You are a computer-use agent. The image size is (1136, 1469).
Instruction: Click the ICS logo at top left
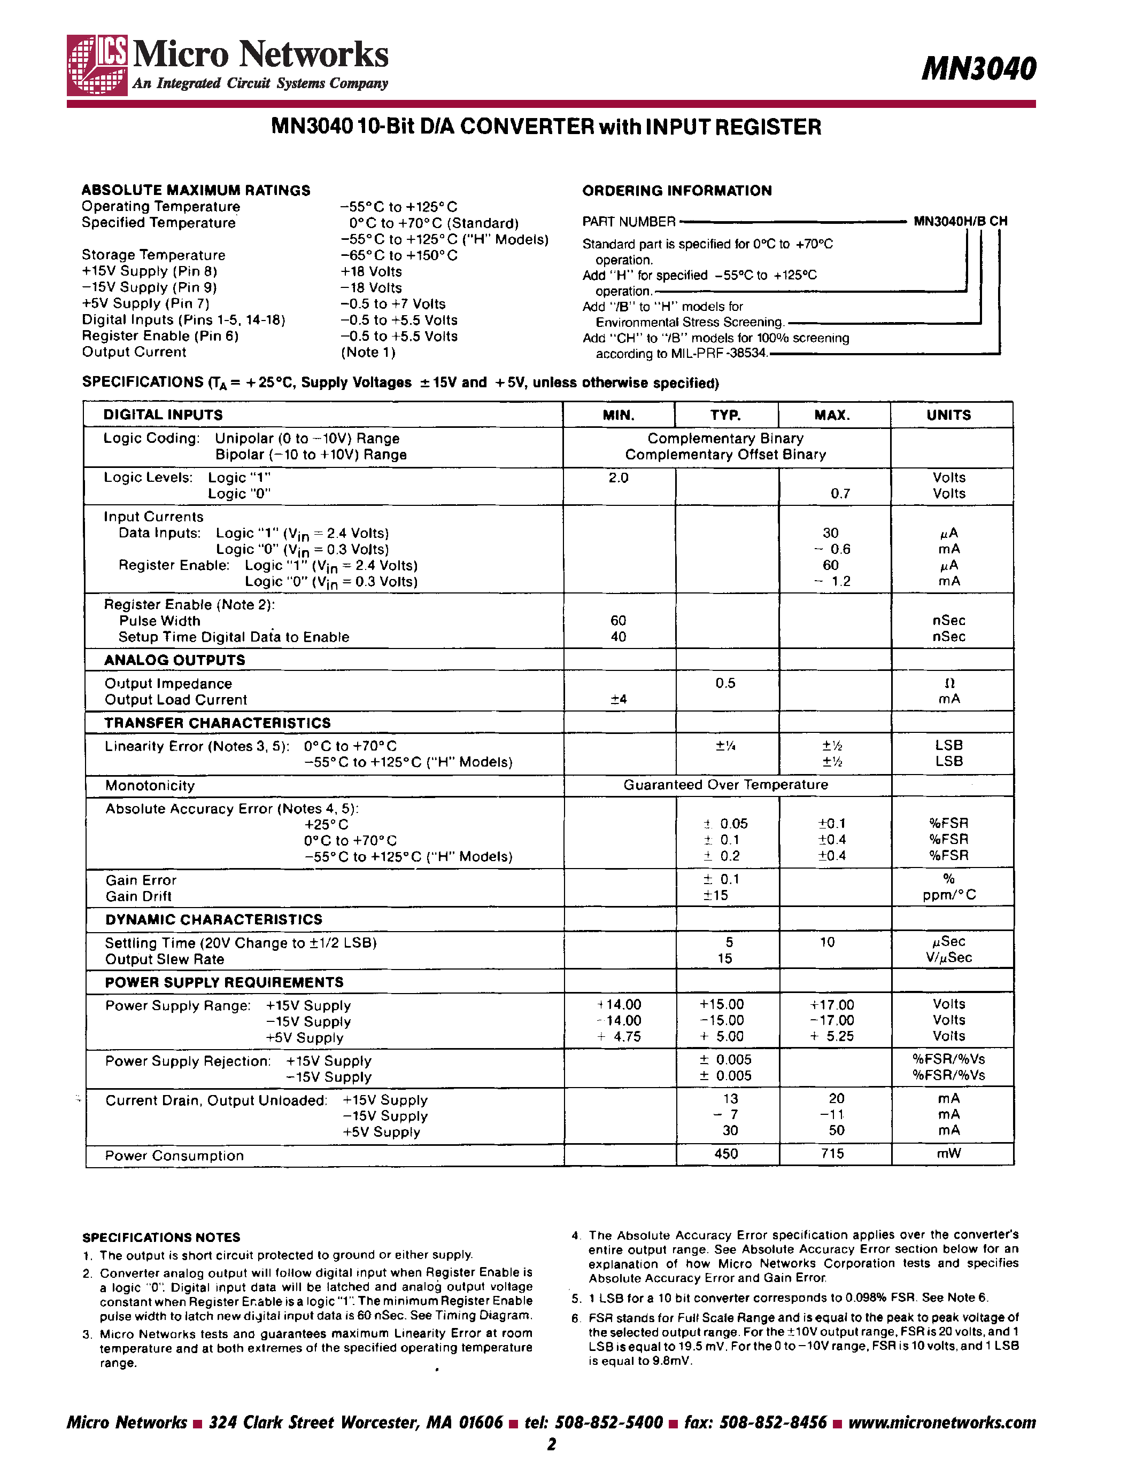click(x=98, y=65)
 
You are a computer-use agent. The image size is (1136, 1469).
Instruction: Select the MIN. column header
click(x=618, y=415)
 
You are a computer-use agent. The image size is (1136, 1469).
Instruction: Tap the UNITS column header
click(x=948, y=415)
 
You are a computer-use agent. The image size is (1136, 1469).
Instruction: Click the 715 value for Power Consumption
click(x=832, y=1153)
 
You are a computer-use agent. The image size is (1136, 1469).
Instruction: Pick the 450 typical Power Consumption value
click(x=725, y=1153)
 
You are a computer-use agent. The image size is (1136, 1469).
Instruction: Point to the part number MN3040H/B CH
click(x=960, y=221)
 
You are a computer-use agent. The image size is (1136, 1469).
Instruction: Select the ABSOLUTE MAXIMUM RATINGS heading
click(x=196, y=190)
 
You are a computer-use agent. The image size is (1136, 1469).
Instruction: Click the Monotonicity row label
click(x=149, y=786)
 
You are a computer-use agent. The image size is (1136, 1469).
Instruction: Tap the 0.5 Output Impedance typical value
click(x=725, y=683)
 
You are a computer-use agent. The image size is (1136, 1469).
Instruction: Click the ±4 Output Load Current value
click(x=618, y=700)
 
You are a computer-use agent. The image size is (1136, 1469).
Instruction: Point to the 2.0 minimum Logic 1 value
click(x=618, y=478)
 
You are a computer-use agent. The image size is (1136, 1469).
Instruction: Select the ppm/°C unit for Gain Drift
click(x=949, y=895)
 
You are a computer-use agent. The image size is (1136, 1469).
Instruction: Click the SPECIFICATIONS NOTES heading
click(x=161, y=1238)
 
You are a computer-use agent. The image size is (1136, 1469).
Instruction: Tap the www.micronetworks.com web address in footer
click(x=941, y=1423)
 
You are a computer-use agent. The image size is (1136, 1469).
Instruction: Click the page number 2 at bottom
click(x=552, y=1444)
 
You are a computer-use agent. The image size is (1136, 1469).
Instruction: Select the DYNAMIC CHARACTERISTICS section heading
click(x=213, y=919)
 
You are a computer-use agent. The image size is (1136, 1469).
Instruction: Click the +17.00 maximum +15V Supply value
click(x=832, y=1005)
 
